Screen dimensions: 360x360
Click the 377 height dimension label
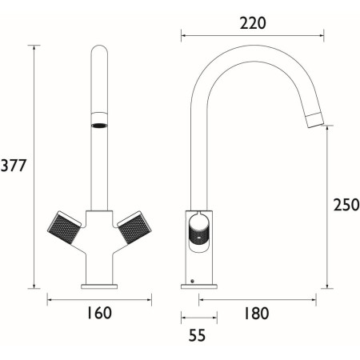coord(14,166)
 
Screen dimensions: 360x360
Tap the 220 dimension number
coord(253,23)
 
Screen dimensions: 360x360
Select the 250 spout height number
coord(346,205)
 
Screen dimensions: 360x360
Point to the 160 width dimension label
coord(99,313)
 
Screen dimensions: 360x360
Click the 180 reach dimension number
coord(256,313)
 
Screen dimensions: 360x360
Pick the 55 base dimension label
coord(197,335)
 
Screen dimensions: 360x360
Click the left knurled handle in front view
coord(64,227)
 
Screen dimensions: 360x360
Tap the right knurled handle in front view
coord(134,227)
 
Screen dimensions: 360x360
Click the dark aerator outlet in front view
coord(99,125)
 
